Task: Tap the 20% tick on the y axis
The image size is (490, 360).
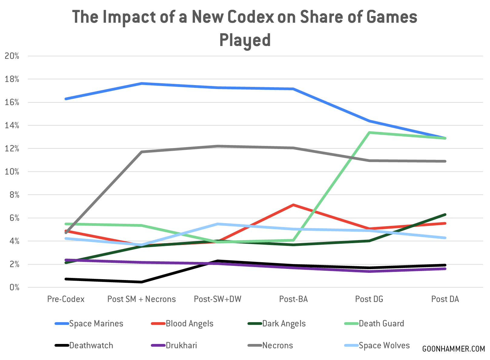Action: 12,56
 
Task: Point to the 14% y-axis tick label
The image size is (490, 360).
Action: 12,125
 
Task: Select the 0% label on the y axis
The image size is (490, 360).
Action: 14,287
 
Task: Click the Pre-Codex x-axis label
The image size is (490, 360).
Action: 66,299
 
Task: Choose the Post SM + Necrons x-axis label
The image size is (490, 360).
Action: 141,299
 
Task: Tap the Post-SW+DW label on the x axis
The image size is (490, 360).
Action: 217,299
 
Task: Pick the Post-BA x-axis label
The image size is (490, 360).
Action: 293,299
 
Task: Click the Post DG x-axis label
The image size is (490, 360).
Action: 369,299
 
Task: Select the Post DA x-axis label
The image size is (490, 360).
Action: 445,299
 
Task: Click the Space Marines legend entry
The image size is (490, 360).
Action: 96,324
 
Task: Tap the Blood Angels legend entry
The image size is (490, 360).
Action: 189,324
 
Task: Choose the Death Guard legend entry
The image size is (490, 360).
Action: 381,324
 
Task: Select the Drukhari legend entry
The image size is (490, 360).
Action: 181,345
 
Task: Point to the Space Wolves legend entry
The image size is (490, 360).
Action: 384,345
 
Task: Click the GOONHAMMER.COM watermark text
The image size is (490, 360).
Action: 453,349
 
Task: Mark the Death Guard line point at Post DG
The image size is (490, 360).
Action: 369,133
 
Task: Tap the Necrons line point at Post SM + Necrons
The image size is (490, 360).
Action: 142,152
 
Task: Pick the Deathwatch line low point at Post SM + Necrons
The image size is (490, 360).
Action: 142,282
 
